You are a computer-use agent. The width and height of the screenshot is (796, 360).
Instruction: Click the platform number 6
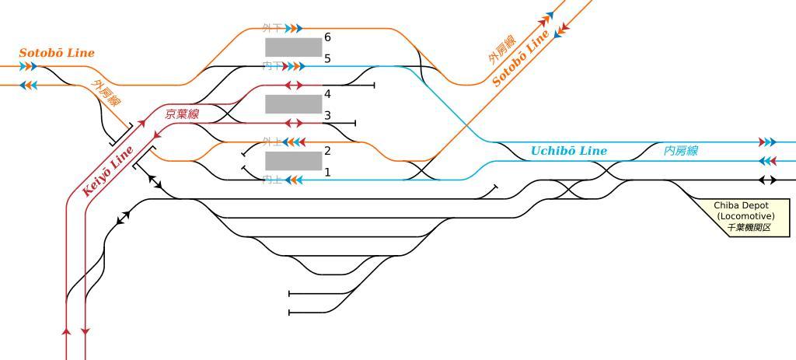point(327,37)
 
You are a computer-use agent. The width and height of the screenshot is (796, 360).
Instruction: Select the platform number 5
point(327,58)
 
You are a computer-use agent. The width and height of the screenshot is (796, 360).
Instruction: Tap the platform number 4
point(327,94)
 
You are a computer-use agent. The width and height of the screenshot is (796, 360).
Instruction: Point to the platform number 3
point(327,115)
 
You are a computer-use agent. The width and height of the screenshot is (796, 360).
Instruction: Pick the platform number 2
point(327,151)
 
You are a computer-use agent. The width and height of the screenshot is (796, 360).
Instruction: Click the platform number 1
point(327,172)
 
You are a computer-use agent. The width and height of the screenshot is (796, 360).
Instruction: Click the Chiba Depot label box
point(744,216)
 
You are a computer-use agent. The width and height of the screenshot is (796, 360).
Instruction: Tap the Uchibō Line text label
point(568,151)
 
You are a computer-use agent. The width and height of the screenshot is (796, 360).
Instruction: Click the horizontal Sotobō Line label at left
point(57,53)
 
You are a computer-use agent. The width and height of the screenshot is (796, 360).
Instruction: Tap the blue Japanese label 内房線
point(680,151)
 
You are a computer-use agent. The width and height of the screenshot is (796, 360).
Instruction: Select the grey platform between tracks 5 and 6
point(293,47)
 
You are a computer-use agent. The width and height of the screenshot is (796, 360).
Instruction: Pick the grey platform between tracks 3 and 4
point(293,104)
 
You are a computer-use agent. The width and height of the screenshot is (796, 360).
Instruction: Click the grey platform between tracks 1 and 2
point(293,161)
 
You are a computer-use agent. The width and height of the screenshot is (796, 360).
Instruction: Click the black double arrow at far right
point(767,180)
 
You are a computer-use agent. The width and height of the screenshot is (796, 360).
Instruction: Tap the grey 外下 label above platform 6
point(271,29)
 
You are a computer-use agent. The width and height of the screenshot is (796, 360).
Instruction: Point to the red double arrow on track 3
point(294,123)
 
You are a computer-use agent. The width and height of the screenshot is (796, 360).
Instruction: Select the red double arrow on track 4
point(294,86)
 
